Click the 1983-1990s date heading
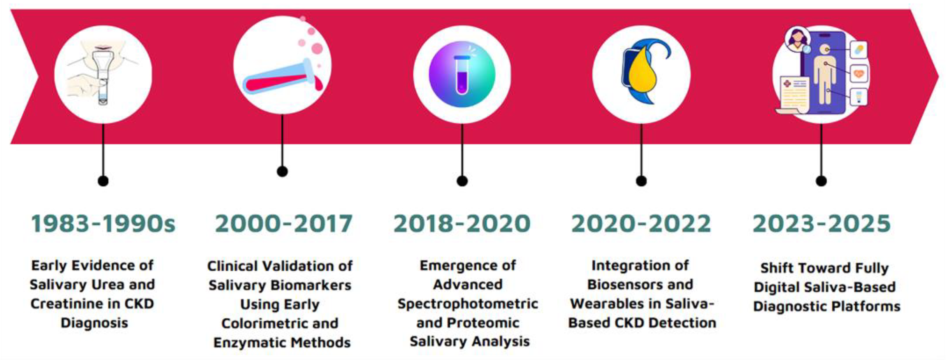[x=103, y=223]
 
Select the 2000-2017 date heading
[x=284, y=223]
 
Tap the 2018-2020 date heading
[x=462, y=223]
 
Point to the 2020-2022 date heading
[x=641, y=223]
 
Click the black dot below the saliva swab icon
[x=103, y=181]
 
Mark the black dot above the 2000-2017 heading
[x=282, y=171]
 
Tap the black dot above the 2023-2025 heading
[x=821, y=181]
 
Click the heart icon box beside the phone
[x=859, y=74]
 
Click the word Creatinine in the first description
[x=71, y=304]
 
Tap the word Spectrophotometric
[x=468, y=304]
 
